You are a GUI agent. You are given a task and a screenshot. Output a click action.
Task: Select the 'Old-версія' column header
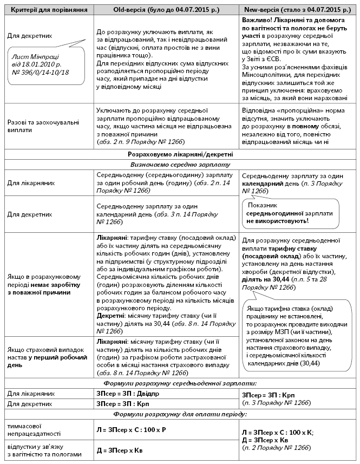[166, 10]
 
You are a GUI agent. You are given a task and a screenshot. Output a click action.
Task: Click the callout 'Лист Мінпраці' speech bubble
[44, 64]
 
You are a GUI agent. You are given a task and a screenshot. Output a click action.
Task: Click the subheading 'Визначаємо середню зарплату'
[180, 165]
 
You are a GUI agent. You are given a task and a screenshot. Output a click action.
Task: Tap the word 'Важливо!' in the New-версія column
[257, 19]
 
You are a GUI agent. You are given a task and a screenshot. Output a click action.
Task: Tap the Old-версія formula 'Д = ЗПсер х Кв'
[122, 450]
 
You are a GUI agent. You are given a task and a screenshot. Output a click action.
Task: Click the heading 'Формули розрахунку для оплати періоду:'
[180, 414]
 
